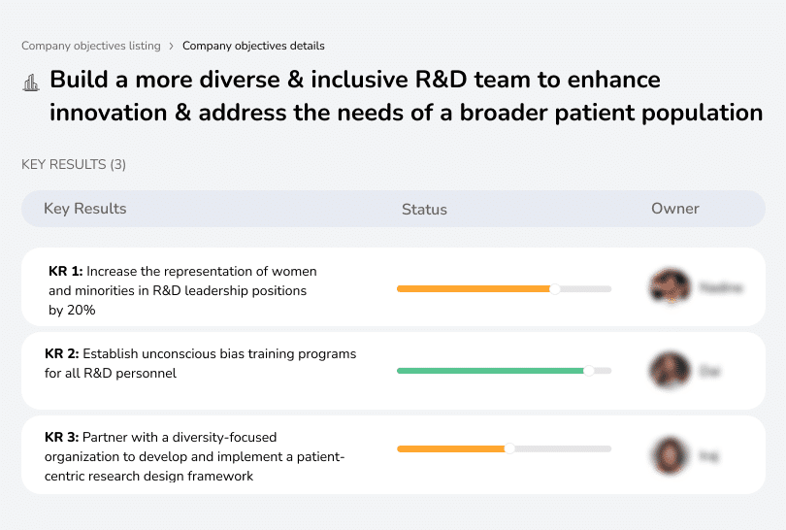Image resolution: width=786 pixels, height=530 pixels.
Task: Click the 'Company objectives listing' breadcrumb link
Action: (x=91, y=46)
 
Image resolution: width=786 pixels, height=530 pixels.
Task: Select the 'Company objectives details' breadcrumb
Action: (x=253, y=46)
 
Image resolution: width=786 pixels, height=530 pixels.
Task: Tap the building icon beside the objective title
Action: (x=30, y=83)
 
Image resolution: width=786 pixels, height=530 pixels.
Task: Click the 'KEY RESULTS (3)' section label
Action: (x=74, y=164)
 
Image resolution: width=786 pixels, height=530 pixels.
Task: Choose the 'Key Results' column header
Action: (x=84, y=209)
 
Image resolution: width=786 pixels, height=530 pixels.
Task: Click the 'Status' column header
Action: (x=424, y=209)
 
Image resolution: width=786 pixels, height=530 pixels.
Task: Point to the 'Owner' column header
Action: (x=674, y=209)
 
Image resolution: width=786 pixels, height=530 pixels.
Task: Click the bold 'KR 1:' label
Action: (x=65, y=272)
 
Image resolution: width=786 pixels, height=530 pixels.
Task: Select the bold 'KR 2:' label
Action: (x=61, y=354)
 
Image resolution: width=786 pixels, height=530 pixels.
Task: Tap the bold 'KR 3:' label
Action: (x=61, y=438)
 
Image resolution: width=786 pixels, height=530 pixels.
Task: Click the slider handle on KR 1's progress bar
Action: (x=555, y=288)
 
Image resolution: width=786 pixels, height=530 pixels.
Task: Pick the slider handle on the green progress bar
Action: (x=588, y=371)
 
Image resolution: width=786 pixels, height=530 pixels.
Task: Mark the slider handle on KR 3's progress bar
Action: (x=509, y=448)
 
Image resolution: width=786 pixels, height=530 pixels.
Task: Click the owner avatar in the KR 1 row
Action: (x=670, y=287)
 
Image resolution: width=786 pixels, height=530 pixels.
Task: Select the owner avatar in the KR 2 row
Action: (x=670, y=371)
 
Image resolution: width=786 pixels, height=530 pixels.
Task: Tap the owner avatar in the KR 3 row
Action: (x=670, y=454)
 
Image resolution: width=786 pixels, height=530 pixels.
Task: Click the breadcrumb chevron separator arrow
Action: (x=172, y=46)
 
